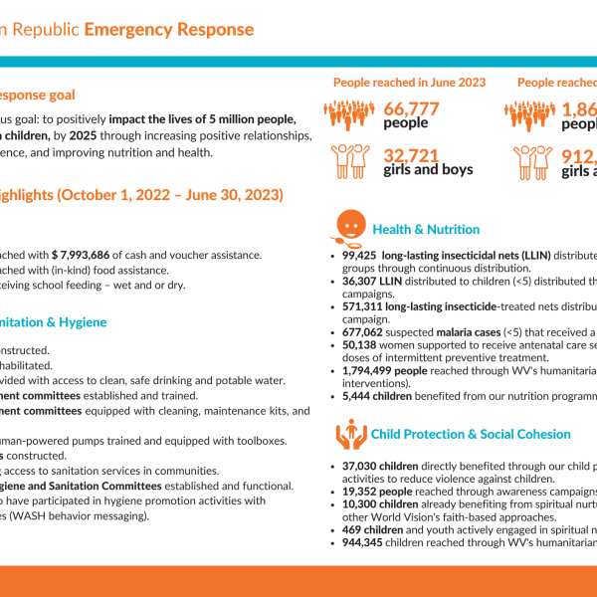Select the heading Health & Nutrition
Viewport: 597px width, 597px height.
[426, 230]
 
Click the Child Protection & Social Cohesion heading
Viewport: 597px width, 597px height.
[471, 434]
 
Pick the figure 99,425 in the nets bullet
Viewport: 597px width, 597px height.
[360, 255]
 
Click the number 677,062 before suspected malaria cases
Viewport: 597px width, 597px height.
[363, 333]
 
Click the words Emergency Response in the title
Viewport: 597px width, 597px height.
[168, 29]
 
